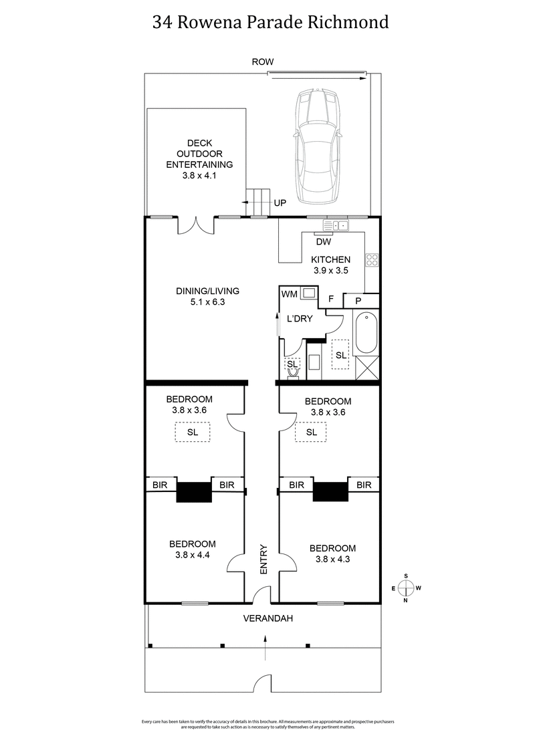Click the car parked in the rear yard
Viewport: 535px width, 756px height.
point(319,148)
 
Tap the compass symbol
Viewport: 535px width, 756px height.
point(405,588)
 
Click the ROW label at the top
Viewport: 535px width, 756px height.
point(262,61)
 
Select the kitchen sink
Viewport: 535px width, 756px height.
point(336,225)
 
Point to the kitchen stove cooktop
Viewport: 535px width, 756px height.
point(372,259)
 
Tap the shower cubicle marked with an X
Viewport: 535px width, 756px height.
point(366,368)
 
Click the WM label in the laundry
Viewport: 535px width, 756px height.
point(289,293)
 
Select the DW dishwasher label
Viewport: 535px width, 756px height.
point(324,242)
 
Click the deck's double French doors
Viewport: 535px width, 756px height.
point(196,225)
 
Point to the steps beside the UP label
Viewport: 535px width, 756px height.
point(257,202)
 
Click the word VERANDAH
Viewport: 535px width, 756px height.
point(267,619)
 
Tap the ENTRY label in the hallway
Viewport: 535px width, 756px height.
point(263,559)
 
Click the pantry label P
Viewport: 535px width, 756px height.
point(358,301)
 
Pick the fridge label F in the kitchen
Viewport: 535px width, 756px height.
point(330,299)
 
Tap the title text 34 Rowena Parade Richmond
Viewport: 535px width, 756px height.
point(270,22)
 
